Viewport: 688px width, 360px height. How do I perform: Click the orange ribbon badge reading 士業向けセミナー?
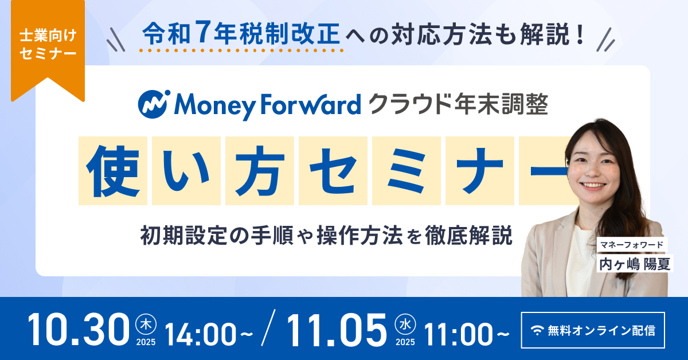tap(48, 50)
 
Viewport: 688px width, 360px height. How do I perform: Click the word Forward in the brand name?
tap(311, 104)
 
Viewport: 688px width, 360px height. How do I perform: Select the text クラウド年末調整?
tap(458, 104)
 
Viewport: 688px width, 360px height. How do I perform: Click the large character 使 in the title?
tap(113, 171)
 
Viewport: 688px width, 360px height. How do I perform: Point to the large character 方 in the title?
tap(260, 171)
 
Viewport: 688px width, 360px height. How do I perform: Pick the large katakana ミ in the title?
tap(406, 171)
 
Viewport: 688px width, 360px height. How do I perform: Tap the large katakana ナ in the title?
tap(479, 171)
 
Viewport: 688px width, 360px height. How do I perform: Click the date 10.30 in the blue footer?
tap(79, 329)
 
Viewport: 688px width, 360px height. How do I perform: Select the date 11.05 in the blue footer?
tap(337, 329)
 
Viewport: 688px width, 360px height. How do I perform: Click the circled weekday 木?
tap(146, 324)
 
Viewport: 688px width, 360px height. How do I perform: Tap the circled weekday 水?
tap(405, 324)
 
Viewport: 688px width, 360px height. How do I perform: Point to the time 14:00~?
tap(209, 335)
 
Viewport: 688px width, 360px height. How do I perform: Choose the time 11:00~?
tap(467, 335)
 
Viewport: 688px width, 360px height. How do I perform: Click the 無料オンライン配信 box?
tap(593, 330)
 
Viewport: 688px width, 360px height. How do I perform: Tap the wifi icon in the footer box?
tap(537, 331)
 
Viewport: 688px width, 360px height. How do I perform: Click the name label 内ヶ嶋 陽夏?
tap(635, 263)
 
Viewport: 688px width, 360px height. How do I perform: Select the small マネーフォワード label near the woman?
tap(632, 245)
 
